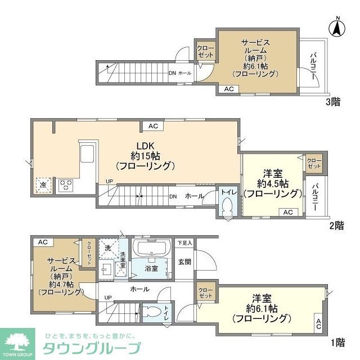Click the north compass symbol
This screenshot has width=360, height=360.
point(337,27)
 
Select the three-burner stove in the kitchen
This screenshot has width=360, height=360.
point(66,184)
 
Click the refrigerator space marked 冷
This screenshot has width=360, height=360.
point(42,184)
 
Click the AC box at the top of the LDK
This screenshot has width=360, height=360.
point(153,126)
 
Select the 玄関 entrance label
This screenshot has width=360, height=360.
point(185,262)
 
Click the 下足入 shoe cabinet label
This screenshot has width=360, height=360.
point(184,243)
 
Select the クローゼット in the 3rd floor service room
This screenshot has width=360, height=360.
point(204,52)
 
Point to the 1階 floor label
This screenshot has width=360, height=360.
point(337,342)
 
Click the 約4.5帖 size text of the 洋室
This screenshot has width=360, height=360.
point(273,183)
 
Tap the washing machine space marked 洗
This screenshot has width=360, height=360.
point(107,247)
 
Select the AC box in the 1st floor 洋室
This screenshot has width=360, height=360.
point(318,323)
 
